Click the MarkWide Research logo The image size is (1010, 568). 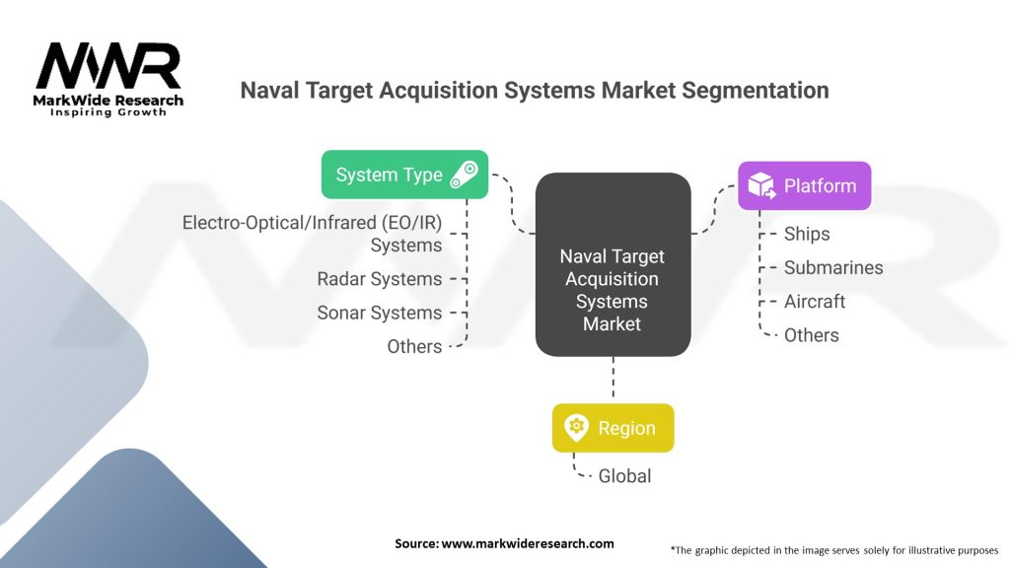pos(108,80)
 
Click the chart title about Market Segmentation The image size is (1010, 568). pos(534,91)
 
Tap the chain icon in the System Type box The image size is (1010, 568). pos(464,175)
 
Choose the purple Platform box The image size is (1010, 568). pos(804,185)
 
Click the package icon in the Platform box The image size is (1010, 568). pos(761,185)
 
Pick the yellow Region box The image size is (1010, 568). pos(613,428)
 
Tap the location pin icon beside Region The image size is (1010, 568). pos(576,428)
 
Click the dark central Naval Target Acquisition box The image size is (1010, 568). pos(613,264)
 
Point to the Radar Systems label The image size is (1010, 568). pos(380,279)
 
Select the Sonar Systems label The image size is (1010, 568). pos(380,313)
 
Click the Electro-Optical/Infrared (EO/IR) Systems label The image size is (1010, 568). pos(313,234)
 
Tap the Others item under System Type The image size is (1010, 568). pos(414,346)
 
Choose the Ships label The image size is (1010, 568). pos(807,234)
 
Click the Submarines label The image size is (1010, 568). pos(833,267)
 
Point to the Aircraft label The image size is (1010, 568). pos(815,301)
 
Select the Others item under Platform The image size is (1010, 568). pos(812,335)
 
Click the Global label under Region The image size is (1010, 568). pos(625,475)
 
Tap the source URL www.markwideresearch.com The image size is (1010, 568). pos(528,543)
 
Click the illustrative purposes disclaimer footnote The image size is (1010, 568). pos(834,549)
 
